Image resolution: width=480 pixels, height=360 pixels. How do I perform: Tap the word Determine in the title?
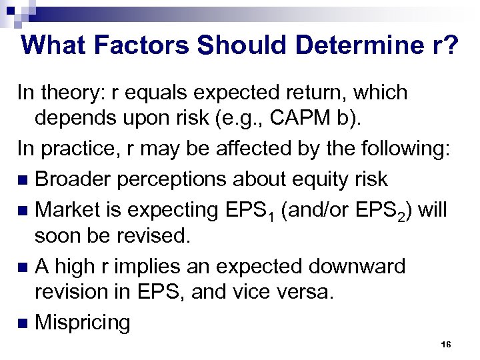tap(347, 45)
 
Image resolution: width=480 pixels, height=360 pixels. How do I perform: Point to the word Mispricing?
tap(83, 323)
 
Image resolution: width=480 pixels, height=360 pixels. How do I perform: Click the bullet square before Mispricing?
tap(23, 324)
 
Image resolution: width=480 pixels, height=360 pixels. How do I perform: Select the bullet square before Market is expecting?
tap(23, 210)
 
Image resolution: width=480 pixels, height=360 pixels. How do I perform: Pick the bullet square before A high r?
tap(23, 267)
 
